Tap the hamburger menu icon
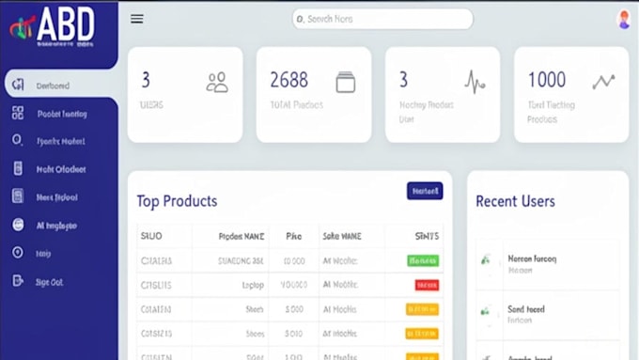pos(137,19)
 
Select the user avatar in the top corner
pos(623,20)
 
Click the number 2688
pos(288,80)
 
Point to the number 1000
pos(546,80)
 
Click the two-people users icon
pos(217,83)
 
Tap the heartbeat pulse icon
pos(475,83)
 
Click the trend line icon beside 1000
pos(603,82)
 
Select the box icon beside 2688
pos(345,82)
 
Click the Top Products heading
pos(177,201)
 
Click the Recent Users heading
pos(515,201)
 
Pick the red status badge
pos(426,284)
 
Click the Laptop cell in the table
pos(253,284)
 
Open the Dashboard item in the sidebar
pos(53,86)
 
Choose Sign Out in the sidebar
pos(49,281)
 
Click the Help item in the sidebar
pos(43,253)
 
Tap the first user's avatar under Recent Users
pos(486,260)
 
